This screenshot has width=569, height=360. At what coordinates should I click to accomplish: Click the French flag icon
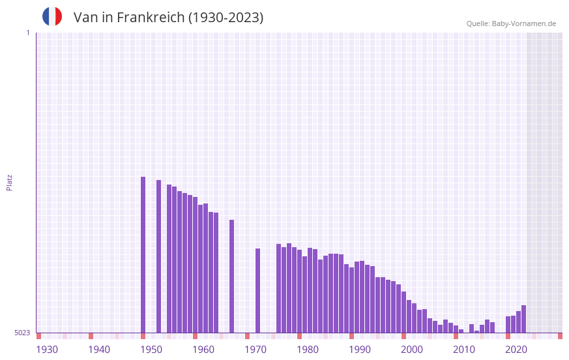coord(52,17)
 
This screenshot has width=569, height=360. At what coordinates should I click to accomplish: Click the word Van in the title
coord(85,18)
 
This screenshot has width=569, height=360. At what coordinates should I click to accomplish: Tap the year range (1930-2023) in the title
coord(226,18)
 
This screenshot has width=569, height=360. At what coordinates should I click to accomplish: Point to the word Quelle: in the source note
coord(478,23)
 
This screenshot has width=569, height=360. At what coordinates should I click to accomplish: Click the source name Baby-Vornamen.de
coord(524,23)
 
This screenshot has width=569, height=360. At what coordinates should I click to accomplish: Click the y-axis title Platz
coord(9,182)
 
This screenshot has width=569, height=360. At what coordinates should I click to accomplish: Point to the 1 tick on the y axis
coord(27,33)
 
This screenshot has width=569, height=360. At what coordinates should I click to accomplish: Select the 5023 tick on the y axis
coord(22,333)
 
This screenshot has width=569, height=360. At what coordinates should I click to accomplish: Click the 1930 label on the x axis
coord(47,350)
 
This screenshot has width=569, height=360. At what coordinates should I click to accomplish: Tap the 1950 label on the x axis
coord(151,350)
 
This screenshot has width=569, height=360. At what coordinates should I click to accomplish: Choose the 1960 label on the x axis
coord(203,350)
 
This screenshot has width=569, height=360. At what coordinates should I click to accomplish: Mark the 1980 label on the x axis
coord(308,350)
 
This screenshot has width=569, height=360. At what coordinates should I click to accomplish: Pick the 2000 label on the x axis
coord(412,350)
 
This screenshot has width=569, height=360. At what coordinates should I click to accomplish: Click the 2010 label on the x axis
coord(464,350)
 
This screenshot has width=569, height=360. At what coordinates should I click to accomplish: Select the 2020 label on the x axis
coord(516,350)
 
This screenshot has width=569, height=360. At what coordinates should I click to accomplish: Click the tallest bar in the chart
coord(143,254)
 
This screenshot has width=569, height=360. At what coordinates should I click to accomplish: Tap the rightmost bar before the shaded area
coord(523,319)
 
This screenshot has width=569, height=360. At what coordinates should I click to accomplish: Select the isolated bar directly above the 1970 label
coord(258,290)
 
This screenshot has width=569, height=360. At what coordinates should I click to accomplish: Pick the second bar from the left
coord(159,256)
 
